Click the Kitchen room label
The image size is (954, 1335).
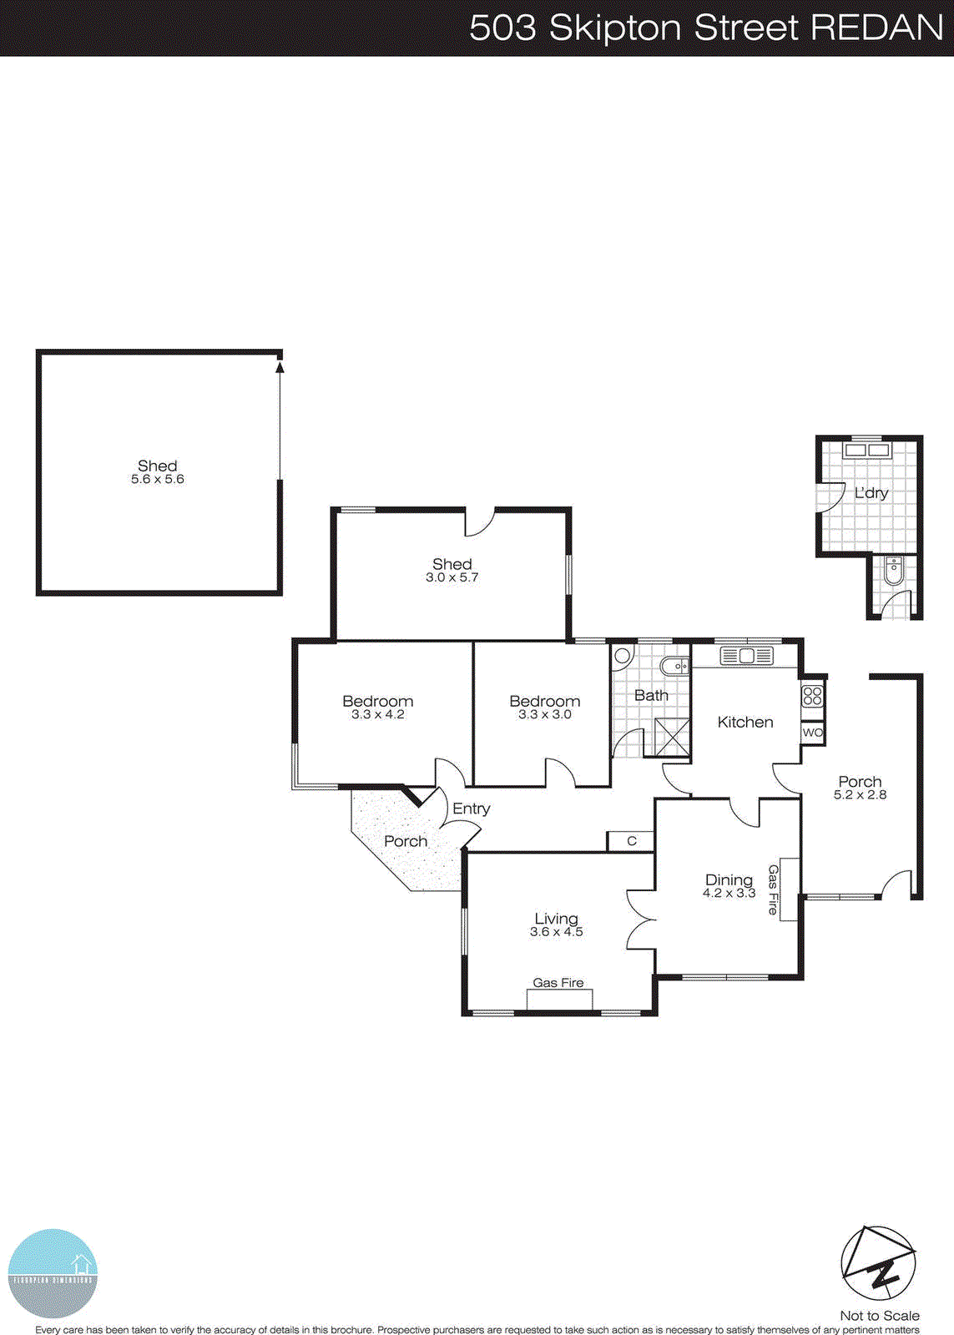coord(745,723)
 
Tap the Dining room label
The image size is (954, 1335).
coord(729,880)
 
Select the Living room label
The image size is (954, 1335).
coord(556,919)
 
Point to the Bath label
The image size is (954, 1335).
coord(651,695)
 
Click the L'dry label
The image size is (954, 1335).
coord(871,493)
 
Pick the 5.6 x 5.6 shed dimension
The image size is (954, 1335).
coord(158,480)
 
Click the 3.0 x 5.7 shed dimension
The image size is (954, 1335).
coord(452,577)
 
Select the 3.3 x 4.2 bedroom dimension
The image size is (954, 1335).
coord(377,715)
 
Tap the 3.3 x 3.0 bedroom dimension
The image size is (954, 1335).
coord(544,715)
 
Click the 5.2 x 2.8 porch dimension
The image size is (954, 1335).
coord(860,795)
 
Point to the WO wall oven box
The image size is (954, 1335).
coord(812,733)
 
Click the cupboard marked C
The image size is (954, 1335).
coord(631,841)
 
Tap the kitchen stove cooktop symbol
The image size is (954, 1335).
coord(812,696)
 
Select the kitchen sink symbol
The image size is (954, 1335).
coord(745,656)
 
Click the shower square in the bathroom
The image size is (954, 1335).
coord(672,737)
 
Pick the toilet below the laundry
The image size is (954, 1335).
coord(892,572)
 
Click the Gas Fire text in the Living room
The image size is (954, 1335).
coord(558,983)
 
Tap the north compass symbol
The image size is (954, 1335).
coord(877,1265)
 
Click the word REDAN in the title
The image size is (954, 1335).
coord(876,28)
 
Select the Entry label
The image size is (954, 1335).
coord(471,809)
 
